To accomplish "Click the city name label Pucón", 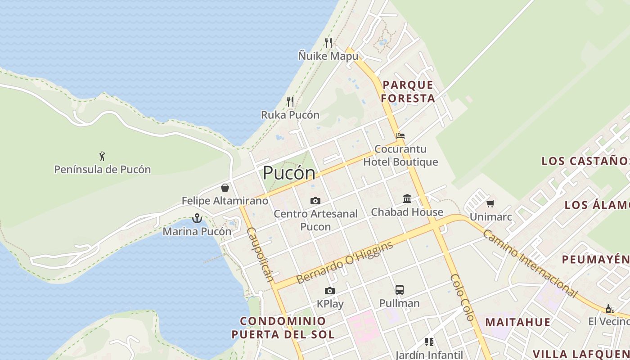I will pyautogui.click(x=289, y=173).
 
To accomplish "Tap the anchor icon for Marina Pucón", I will pyautogui.click(x=197, y=218).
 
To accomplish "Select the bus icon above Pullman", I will pyautogui.click(x=399, y=290).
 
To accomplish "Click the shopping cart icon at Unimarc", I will pyautogui.click(x=490, y=204).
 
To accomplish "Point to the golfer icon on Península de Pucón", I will pyautogui.click(x=102, y=156).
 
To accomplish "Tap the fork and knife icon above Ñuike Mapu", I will pyautogui.click(x=328, y=43).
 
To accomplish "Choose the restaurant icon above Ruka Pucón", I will pyautogui.click(x=290, y=102).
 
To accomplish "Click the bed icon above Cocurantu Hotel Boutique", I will pyautogui.click(x=400, y=135).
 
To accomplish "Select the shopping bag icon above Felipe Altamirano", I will pyautogui.click(x=225, y=188).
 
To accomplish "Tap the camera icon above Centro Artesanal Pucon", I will pyautogui.click(x=315, y=201).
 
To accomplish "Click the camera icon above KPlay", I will pyautogui.click(x=330, y=291).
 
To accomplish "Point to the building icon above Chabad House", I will pyautogui.click(x=407, y=198).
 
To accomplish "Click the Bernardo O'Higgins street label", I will pyautogui.click(x=345, y=262).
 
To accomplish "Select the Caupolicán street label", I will pyautogui.click(x=260, y=254).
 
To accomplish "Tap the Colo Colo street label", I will pyautogui.click(x=462, y=297).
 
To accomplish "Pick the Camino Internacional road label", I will pyautogui.click(x=530, y=264).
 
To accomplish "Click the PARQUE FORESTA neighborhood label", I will pyautogui.click(x=408, y=91).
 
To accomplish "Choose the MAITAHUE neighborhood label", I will pyautogui.click(x=517, y=322).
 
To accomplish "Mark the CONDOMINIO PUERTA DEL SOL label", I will pyautogui.click(x=283, y=328).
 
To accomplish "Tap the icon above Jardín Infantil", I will pyautogui.click(x=429, y=342).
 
